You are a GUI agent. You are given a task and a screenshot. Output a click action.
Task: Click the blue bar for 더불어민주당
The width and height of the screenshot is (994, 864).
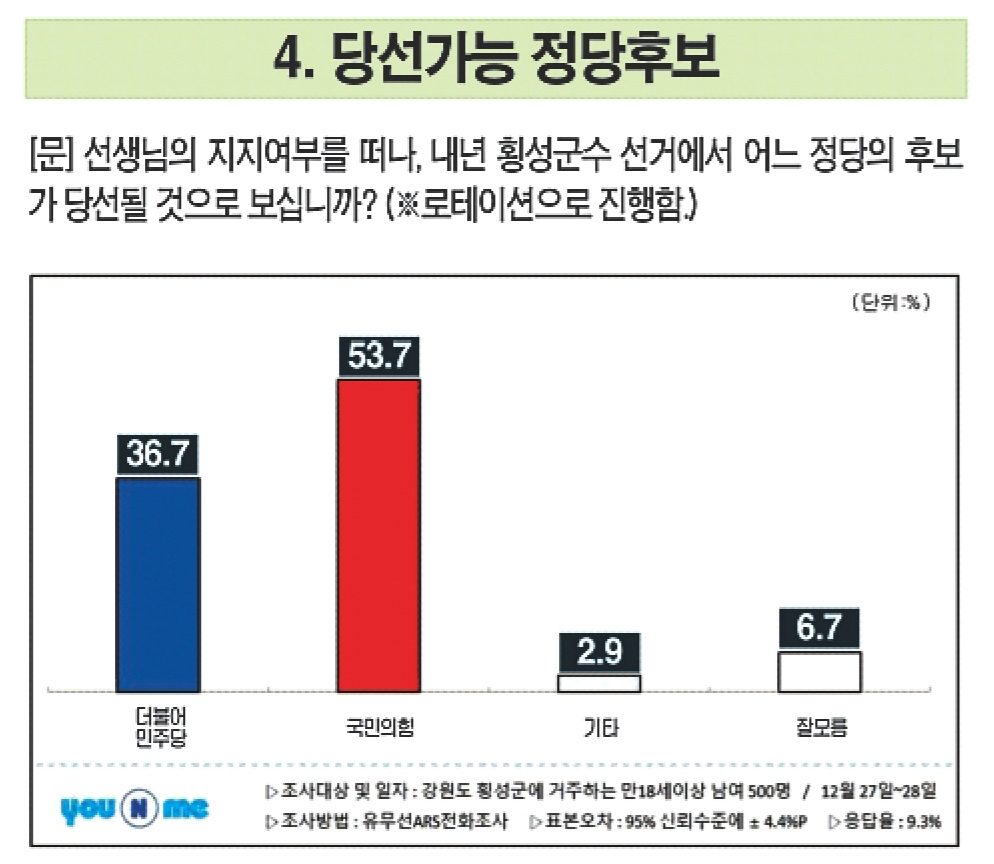tap(159, 584)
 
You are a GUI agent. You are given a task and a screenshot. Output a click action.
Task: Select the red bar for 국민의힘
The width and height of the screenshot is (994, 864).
tap(379, 535)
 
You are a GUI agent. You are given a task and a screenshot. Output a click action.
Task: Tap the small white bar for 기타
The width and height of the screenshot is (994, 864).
tap(599, 684)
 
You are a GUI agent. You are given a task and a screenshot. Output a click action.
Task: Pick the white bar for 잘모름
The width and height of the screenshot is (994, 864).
tap(820, 671)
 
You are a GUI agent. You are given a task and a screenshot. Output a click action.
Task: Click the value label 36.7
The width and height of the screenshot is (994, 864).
tap(158, 455)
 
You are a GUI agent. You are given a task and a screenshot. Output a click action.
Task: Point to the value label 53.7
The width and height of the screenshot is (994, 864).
tap(379, 357)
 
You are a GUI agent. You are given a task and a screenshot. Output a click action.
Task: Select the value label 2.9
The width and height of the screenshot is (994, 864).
tap(599, 653)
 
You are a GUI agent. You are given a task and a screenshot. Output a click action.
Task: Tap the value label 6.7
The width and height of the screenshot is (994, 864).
tap(820, 629)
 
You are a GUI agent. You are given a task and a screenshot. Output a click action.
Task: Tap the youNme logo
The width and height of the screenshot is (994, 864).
tap(134, 808)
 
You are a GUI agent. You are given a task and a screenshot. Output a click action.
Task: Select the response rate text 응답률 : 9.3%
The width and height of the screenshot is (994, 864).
tap(891, 823)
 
